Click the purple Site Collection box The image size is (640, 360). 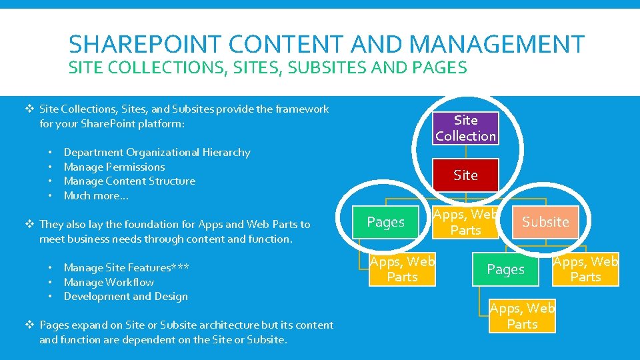[465, 128]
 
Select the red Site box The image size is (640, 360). [465, 175]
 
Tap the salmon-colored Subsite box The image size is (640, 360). [545, 222]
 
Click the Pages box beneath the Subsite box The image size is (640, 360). [506, 269]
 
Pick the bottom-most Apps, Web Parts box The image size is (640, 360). [522, 316]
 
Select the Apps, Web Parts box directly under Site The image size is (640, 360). [465, 222]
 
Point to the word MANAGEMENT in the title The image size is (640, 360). [497, 45]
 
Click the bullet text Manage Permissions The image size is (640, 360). [114, 167]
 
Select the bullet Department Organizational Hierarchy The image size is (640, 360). [157, 152]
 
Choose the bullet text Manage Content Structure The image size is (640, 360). [129, 181]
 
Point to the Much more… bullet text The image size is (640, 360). [96, 195]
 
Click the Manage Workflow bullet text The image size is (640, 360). [109, 282]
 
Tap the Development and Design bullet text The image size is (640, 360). [125, 296]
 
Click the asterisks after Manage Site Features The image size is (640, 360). [179, 267]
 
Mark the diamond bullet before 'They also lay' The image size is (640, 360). [29, 224]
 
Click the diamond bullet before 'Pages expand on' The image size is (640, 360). [29, 325]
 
